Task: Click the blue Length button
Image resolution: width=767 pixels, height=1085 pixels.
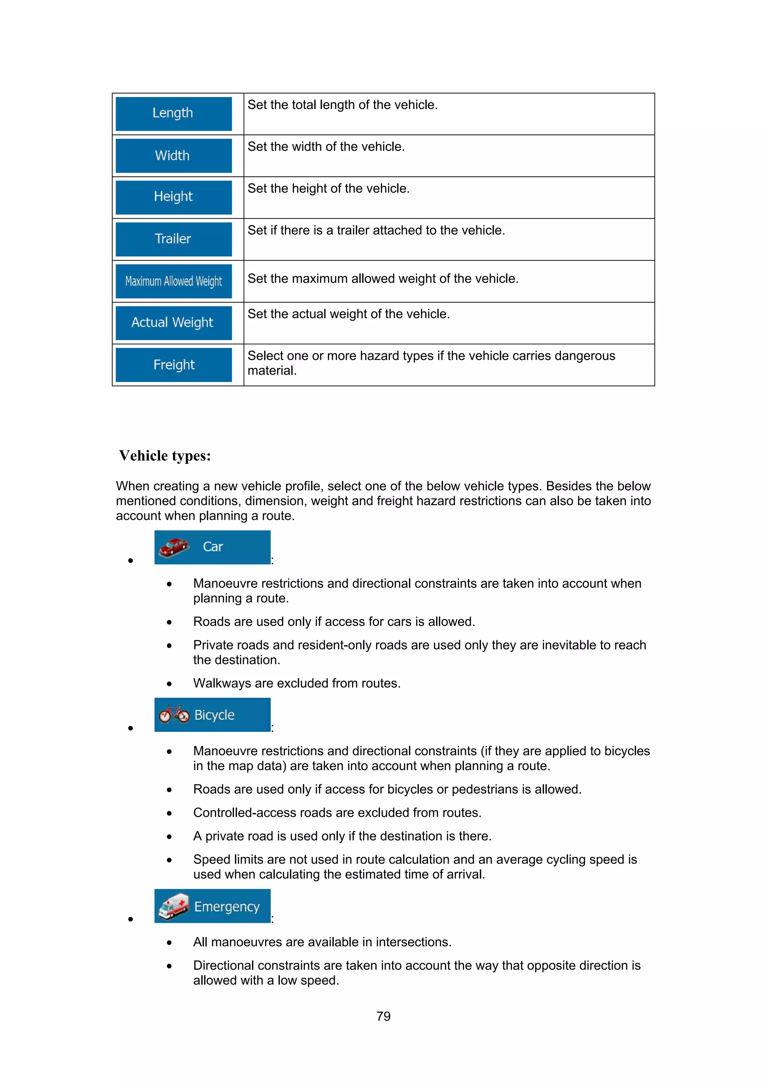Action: [x=173, y=114]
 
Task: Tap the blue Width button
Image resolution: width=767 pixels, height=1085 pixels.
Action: [x=173, y=155]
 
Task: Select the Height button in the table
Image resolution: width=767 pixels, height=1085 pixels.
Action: [x=173, y=197]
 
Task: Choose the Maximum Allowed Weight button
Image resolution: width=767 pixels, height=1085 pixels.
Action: [x=173, y=281]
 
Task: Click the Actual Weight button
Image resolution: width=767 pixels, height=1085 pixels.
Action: [x=173, y=323]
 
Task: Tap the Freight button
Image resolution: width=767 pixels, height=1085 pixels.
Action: [x=173, y=365]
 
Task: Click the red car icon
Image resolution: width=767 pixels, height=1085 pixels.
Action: [x=174, y=547]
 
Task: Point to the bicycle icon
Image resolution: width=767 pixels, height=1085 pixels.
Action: [x=173, y=715]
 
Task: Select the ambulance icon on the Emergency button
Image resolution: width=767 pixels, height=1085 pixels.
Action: [x=173, y=906]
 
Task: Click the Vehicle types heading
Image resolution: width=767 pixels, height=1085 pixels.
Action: [x=165, y=455]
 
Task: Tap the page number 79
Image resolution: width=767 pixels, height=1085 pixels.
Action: [x=383, y=1016]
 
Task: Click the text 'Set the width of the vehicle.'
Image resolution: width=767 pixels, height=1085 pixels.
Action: [x=326, y=147]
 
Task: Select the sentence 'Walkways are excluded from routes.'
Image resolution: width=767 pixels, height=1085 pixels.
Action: [x=297, y=684]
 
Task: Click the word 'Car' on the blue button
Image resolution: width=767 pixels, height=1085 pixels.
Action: [x=213, y=547]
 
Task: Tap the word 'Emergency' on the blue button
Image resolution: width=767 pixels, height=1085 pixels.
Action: [x=227, y=906]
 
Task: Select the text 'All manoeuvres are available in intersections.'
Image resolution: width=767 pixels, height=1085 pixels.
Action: [x=322, y=942]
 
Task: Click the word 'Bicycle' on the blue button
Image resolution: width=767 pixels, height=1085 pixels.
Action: [x=215, y=715]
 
